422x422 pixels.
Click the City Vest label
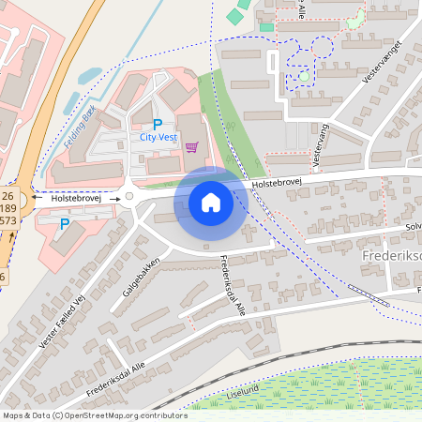tap(158, 137)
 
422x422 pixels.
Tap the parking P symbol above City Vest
tap(158, 124)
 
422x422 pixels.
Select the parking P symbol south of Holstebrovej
tap(64, 224)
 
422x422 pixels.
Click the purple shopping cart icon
tap(191, 146)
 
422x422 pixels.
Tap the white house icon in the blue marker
tap(211, 202)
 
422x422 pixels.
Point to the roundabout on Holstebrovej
tap(129, 197)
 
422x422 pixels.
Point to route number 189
tap(8, 208)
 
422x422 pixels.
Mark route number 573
tap(8, 220)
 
